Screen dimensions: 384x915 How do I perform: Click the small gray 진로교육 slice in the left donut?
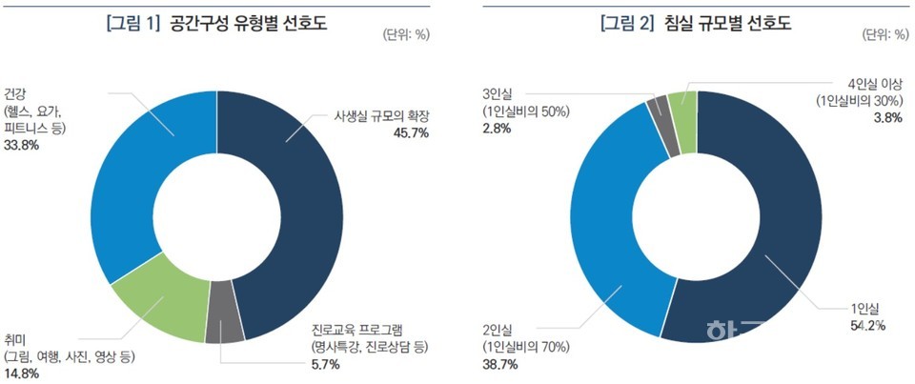click(x=225, y=325)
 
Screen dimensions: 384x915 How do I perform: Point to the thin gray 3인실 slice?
click(x=658, y=112)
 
